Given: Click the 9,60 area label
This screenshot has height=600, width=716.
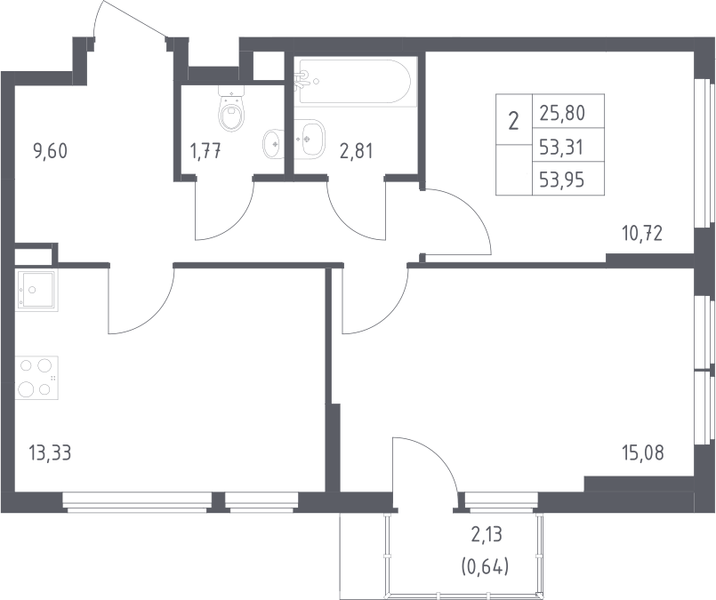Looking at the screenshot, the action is tap(50, 150).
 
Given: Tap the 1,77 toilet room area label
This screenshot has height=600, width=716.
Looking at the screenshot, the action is tap(205, 151).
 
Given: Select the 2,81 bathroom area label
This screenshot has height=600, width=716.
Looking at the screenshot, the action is tap(356, 151).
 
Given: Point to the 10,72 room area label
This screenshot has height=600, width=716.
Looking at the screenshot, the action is tap(642, 234).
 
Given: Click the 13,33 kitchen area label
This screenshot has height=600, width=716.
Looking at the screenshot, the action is tap(50, 453).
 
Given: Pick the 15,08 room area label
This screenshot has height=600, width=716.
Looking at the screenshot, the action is tap(642, 453).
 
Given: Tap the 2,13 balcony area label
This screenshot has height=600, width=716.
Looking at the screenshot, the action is tap(487, 534).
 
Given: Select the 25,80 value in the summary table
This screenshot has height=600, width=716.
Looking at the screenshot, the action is tap(562, 113).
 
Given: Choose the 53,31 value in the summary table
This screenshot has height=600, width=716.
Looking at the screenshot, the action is tap(562, 148).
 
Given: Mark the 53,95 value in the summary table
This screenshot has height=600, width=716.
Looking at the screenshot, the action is tap(562, 181).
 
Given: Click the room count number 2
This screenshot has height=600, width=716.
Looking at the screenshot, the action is tap(514, 122).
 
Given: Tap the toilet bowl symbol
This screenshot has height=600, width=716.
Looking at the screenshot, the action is tap(232, 108).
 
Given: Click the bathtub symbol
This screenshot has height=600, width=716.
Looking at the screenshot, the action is tap(355, 82).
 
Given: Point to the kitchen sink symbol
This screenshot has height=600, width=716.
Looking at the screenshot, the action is tap(36, 291).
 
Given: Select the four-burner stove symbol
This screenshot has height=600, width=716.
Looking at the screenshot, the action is tap(36, 378).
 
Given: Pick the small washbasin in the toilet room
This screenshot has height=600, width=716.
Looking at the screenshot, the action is tap(273, 143).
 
